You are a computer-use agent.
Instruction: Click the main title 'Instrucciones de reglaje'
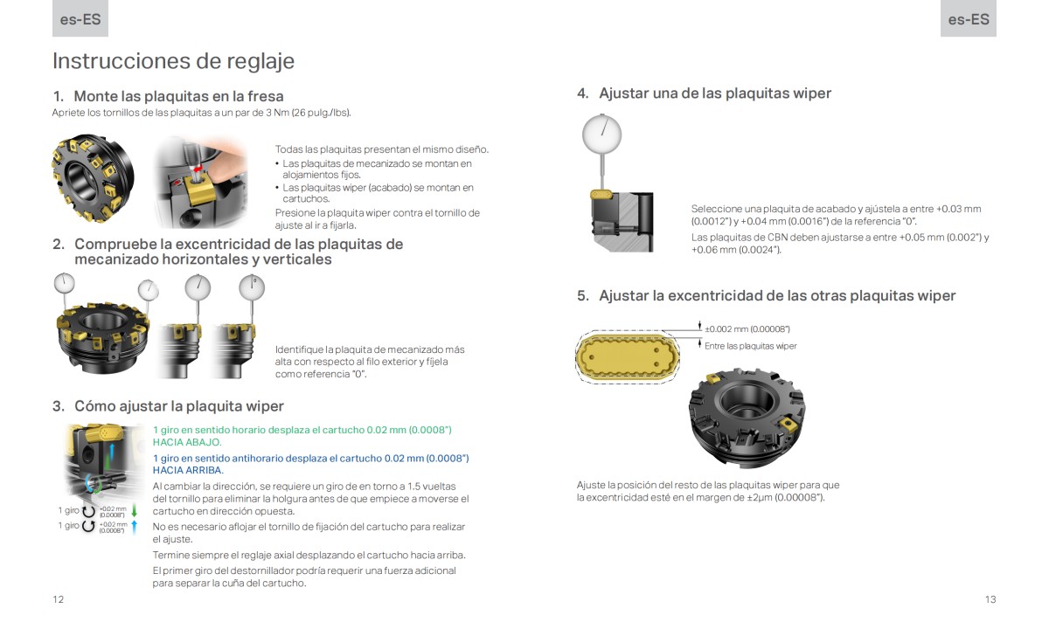(173, 61)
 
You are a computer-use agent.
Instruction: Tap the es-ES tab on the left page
(80, 18)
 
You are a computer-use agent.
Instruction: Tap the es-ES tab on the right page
(968, 18)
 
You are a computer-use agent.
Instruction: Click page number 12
(58, 599)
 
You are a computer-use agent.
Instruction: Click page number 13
(990, 599)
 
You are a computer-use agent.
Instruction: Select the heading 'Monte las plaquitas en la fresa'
(178, 96)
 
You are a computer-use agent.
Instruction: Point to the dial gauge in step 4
(601, 134)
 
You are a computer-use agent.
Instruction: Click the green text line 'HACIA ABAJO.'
(187, 442)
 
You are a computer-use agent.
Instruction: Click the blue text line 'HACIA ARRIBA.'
(188, 470)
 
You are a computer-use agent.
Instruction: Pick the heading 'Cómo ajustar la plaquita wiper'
(178, 406)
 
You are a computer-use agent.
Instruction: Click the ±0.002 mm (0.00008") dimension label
(747, 328)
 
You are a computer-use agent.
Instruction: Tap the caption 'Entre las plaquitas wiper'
(750, 346)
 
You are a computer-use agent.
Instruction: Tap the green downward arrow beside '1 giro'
(134, 511)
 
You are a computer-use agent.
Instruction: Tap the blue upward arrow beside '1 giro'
(134, 526)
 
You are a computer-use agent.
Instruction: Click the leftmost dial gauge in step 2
(63, 283)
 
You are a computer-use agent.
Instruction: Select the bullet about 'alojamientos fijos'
(377, 169)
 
